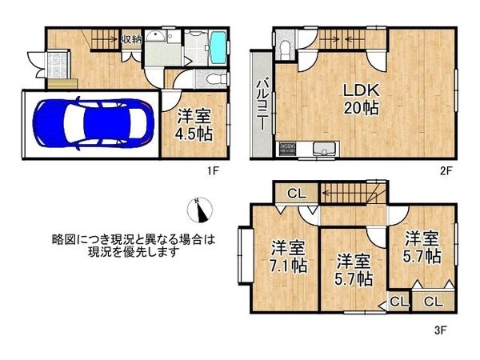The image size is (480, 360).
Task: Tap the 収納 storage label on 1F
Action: click(131, 38)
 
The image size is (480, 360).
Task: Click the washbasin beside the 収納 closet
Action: click(157, 42)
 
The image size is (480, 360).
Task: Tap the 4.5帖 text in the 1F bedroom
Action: click(194, 132)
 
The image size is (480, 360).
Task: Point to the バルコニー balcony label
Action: click(261, 104)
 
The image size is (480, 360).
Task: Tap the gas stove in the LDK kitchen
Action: click(287, 149)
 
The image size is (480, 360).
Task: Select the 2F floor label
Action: click(446, 170)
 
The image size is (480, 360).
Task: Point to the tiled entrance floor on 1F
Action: click(58, 63)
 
